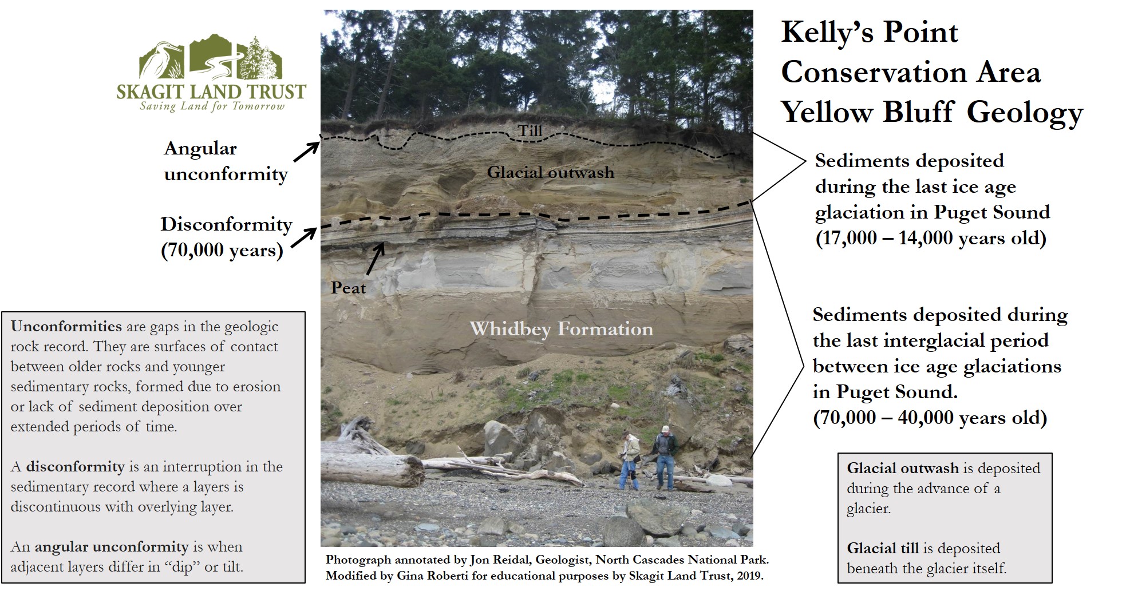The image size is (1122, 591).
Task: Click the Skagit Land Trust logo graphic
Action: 211,58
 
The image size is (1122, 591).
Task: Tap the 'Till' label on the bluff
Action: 530,131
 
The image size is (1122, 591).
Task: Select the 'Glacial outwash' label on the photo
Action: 551,172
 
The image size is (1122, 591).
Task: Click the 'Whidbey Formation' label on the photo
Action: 561,328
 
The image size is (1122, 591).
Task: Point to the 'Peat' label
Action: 348,288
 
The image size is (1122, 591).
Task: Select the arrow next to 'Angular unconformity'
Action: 306,152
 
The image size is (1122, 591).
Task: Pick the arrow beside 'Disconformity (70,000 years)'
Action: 304,238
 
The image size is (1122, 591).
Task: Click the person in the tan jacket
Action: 630,460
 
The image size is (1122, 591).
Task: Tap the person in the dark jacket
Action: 665,458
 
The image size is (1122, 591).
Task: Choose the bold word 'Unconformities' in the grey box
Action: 66,327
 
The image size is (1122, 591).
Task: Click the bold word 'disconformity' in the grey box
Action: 75,467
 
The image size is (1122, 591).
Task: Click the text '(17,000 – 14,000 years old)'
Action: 931,238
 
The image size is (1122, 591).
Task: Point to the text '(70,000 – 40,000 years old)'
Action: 930,418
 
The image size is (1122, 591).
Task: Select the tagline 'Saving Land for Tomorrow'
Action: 212,106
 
